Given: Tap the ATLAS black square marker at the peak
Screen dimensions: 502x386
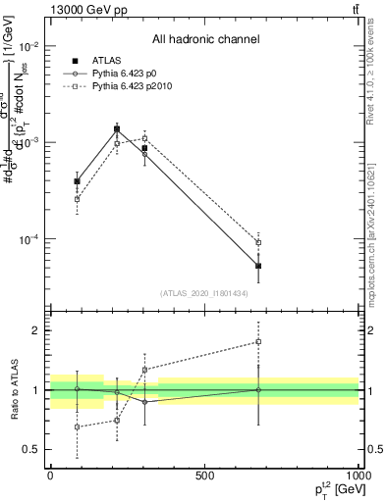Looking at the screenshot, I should [117, 128].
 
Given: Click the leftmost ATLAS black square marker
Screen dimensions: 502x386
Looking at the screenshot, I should [77, 181].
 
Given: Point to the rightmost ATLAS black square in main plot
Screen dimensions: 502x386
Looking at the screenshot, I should [258, 266].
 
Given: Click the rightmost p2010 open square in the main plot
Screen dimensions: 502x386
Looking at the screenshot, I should [258, 242].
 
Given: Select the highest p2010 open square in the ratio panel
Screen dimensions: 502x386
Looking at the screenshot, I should [258, 342].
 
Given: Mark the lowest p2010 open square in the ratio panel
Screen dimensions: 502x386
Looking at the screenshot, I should [77, 427].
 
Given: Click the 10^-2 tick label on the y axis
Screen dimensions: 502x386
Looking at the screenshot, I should [30, 47].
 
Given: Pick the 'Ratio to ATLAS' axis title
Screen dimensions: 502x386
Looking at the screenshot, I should [12, 389].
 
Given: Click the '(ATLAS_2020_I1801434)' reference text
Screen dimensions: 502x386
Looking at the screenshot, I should [204, 293].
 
